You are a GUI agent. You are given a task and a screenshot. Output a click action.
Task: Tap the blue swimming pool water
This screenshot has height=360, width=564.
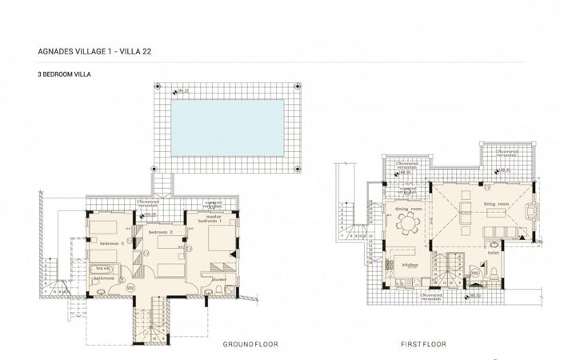coord(228,126)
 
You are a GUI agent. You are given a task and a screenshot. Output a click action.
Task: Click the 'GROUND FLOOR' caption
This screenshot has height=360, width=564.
coord(251,343)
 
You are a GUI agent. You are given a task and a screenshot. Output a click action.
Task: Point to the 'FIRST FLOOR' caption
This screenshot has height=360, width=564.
coord(423,343)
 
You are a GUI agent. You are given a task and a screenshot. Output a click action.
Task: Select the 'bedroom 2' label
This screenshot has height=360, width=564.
coord(160,232)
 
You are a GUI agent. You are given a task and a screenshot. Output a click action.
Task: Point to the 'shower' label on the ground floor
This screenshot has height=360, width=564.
coord(219,279)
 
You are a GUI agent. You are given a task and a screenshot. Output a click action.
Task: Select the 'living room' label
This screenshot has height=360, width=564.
coord(496,204)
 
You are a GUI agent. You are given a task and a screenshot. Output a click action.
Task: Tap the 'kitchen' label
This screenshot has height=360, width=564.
coord(410,264)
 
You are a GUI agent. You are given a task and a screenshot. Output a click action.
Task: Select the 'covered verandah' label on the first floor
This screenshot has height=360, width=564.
coord(409,190)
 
